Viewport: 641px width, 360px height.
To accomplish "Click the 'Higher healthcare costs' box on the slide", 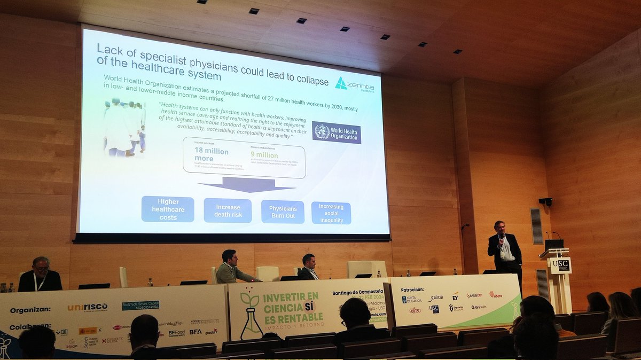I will [x=168, y=209].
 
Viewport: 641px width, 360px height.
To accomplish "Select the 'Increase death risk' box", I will [x=228, y=210].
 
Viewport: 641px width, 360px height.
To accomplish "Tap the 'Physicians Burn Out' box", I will [x=283, y=212].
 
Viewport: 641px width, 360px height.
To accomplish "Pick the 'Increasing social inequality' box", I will [x=331, y=213].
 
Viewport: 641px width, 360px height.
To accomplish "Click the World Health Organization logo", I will [x=337, y=132].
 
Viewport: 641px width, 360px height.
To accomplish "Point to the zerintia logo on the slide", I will [x=355, y=84].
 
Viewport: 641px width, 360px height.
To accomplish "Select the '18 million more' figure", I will [x=212, y=154].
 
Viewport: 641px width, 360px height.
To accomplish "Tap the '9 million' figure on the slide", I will [x=264, y=155].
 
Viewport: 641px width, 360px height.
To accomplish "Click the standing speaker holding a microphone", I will [x=504, y=248].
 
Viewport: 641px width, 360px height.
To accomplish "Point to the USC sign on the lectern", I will [x=560, y=264].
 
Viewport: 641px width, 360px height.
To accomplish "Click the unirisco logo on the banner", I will [x=88, y=307].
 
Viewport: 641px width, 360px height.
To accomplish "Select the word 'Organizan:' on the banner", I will [x=30, y=310].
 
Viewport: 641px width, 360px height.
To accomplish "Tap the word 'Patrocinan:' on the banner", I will [x=412, y=289].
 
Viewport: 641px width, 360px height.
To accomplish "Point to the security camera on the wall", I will [x=545, y=201].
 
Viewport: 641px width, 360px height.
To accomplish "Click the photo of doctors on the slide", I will [x=124, y=128].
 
